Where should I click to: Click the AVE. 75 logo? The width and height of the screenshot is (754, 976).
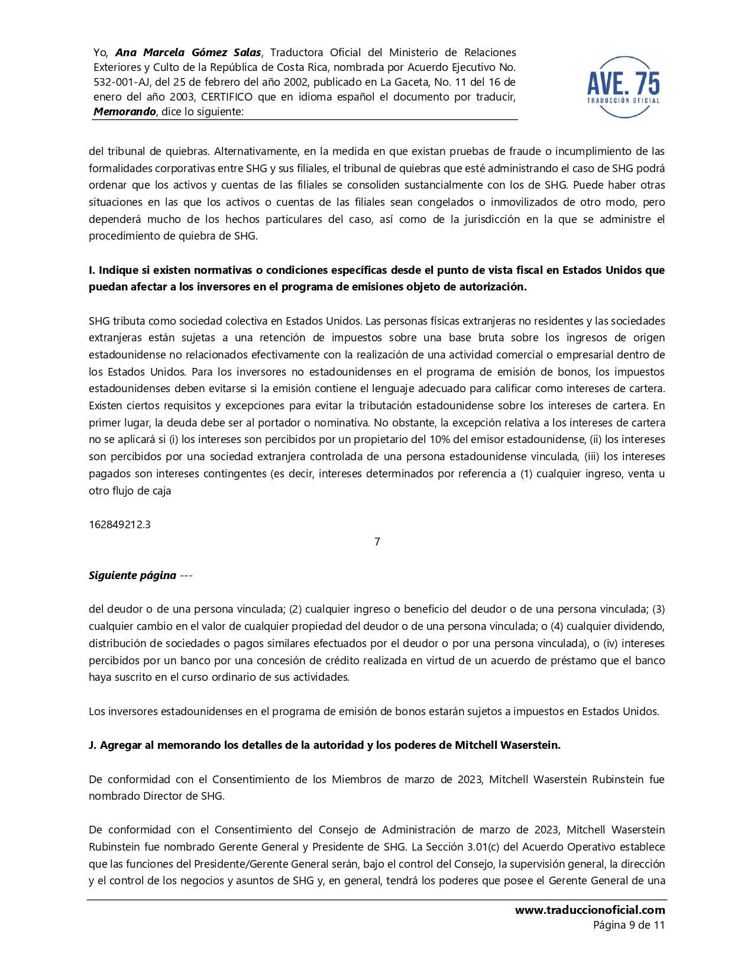(x=623, y=87)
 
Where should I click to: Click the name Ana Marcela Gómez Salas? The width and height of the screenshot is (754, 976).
(x=188, y=53)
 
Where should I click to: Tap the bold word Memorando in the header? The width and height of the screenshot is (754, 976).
(x=124, y=112)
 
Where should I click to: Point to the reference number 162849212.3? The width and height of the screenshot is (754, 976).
(x=119, y=525)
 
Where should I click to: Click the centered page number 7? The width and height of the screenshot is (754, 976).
(x=377, y=542)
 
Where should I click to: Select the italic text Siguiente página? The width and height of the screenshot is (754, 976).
(x=132, y=576)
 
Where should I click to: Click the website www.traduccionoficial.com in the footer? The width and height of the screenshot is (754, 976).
(x=590, y=910)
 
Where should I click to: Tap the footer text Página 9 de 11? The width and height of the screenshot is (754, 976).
(x=629, y=925)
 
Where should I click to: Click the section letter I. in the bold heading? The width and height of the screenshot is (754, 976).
(x=92, y=270)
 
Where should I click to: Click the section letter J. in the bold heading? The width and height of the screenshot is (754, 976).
(x=92, y=745)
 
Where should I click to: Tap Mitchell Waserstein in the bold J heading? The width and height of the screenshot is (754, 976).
(x=507, y=745)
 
